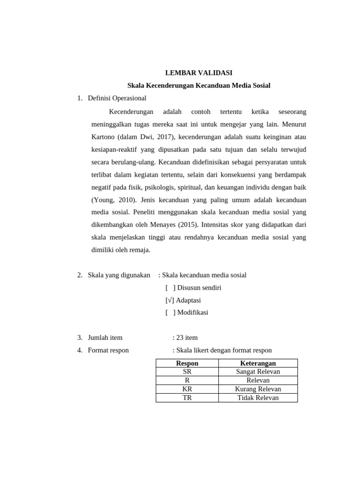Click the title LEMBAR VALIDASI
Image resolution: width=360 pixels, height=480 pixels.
coord(199,73)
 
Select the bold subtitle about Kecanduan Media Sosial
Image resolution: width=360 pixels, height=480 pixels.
coord(199,85)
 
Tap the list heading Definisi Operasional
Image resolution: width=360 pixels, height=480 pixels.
coord(117,98)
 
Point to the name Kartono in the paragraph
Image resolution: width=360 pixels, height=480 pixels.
coord(103,137)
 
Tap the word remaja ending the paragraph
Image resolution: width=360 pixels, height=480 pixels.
coord(140,250)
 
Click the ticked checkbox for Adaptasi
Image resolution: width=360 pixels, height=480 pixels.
coord(170,300)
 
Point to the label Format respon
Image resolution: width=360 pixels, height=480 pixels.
coord(108,350)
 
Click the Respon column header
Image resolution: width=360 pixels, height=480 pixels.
coord(187,363)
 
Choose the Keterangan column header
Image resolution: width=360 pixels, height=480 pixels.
coord(258,363)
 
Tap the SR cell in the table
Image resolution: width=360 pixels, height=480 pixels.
coord(187,372)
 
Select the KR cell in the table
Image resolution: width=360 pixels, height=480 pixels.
coord(187,389)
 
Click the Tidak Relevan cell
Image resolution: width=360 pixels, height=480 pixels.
coord(258,397)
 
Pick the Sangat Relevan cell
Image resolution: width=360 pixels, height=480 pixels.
coord(258,372)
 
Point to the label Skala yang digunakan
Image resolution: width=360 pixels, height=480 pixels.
coord(119,275)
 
